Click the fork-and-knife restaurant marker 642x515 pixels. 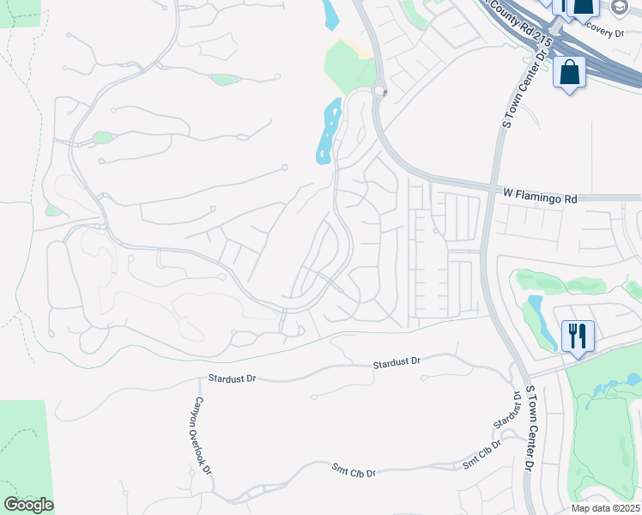pos(578,336)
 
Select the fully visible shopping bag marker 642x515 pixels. pos(569,75)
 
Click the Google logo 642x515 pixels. pos(28,505)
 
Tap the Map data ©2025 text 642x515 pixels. pos(605,508)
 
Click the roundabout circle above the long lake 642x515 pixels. pos(379,90)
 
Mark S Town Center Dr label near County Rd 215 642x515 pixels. pos(518,89)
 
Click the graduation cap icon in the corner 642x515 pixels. pos(621,8)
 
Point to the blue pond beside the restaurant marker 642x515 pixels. pos(536,315)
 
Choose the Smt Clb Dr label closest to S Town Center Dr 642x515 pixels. pos(481,461)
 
